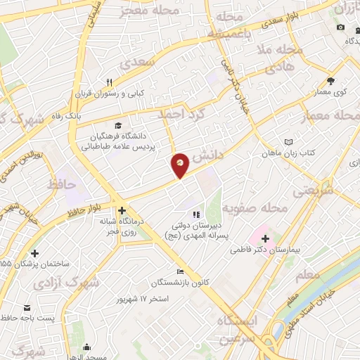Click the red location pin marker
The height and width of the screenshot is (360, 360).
(180, 166)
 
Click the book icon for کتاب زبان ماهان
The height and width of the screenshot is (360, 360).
(287, 142)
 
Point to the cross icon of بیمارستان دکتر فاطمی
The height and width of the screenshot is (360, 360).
(264, 239)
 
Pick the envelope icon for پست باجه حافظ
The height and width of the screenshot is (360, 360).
(27, 308)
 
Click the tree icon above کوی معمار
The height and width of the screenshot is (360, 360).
(330, 81)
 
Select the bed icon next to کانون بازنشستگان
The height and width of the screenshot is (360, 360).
(181, 272)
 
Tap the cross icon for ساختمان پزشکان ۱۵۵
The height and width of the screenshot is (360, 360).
(35, 253)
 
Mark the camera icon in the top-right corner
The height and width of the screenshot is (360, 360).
(340, 27)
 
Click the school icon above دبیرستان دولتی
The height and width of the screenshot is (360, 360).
(196, 214)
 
